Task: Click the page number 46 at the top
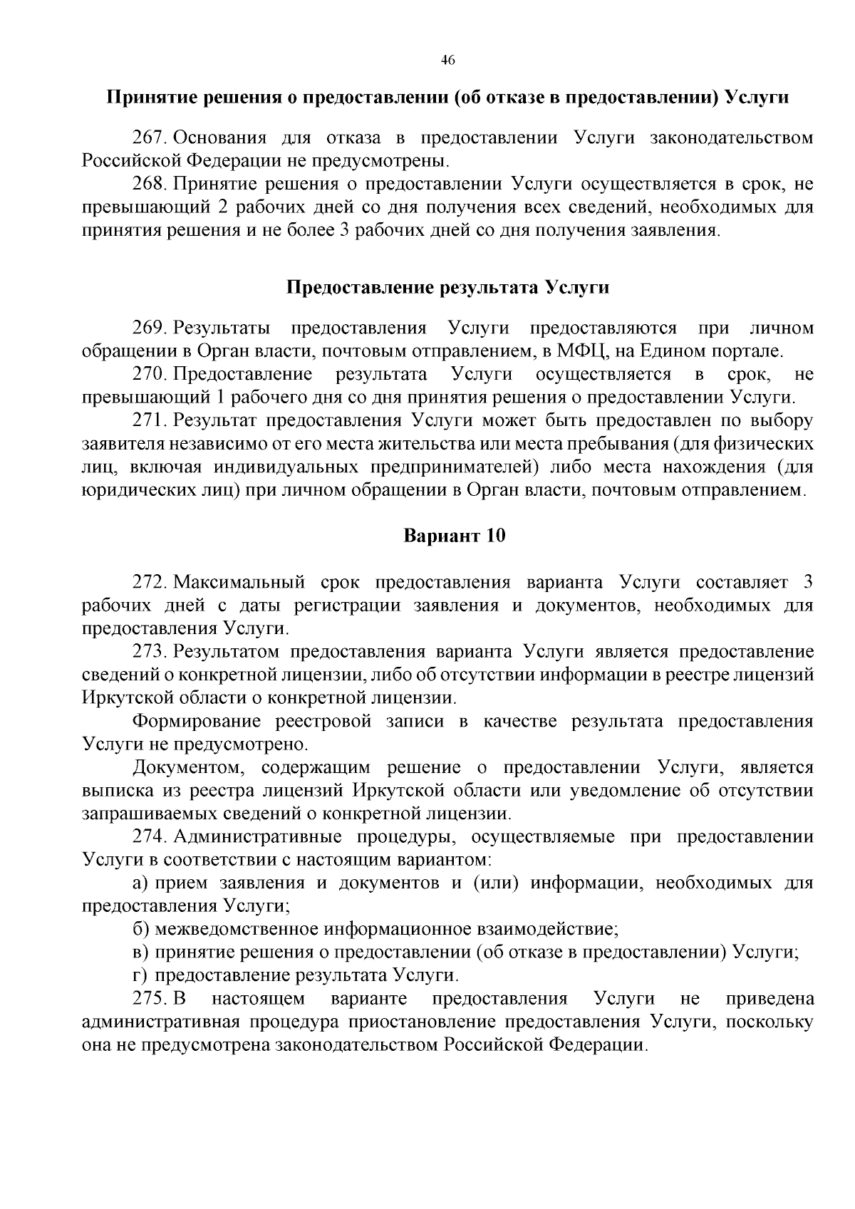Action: [x=447, y=60]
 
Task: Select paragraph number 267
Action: [x=150, y=137]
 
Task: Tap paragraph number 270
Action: [x=150, y=374]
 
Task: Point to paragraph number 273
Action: [x=150, y=652]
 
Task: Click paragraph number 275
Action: [x=150, y=999]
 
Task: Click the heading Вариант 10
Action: [x=455, y=535]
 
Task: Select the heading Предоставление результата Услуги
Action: [x=447, y=287]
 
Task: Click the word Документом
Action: [x=188, y=768]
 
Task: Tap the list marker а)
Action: [x=140, y=883]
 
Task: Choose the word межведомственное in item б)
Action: [x=237, y=929]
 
